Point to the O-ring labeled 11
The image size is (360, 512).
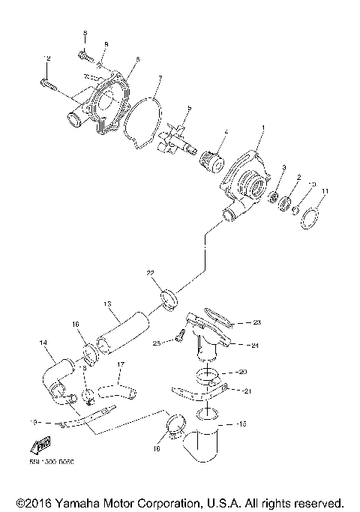(310, 220)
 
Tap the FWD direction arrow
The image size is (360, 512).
(43, 444)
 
